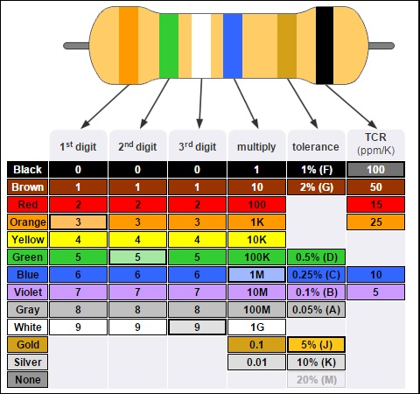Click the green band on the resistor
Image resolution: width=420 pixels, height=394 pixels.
pos(169,46)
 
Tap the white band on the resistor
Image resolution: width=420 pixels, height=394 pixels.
pos(201,46)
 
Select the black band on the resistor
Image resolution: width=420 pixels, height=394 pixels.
pos(325,46)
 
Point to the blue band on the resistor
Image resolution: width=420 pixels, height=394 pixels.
pos(233,46)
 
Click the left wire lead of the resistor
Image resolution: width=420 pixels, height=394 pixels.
pos(76,46)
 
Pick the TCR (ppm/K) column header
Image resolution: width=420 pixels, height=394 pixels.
pos(375,144)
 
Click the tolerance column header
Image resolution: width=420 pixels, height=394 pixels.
pos(316,145)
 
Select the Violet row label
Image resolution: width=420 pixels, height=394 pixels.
pos(28,292)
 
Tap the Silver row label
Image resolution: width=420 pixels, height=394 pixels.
pos(28,362)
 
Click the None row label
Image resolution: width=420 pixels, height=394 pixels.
pos(28,380)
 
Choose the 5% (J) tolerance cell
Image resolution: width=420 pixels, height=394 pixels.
pos(316,345)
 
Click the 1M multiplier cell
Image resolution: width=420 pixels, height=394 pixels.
pos(256,275)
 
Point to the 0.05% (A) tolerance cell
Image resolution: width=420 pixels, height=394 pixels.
pos(316,310)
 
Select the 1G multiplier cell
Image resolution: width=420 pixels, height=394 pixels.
pos(256,327)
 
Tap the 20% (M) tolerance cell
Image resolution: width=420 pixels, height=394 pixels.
pos(316,380)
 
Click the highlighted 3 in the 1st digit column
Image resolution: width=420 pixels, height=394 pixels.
pos(78,222)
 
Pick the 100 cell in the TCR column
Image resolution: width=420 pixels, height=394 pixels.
pos(375,170)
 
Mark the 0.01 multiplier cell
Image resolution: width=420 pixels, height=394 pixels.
pos(256,362)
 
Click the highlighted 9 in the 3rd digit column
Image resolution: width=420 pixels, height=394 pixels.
pos(197,327)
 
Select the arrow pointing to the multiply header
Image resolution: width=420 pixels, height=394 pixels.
pos(246,103)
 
